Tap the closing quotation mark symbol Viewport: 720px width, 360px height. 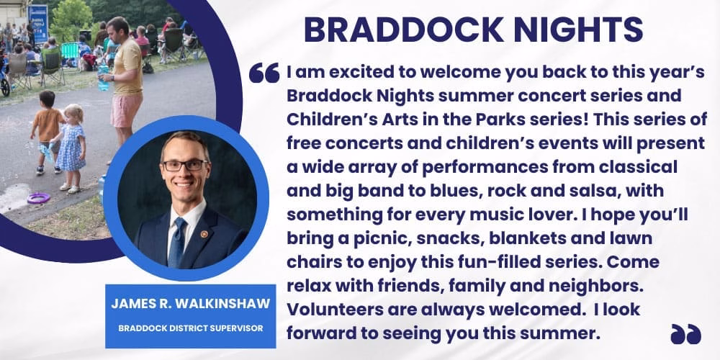(x=685, y=333)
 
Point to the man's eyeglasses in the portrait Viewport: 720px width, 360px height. (x=184, y=165)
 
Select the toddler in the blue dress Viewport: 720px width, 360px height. (x=72, y=147)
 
